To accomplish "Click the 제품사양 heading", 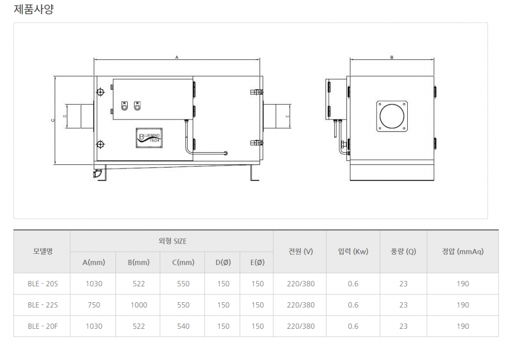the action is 34,9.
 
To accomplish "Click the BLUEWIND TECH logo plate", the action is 149,138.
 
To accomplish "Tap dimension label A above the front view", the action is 177,57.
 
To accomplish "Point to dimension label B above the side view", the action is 392,57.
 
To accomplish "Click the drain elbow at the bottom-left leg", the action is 97,173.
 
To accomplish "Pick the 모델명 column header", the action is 43,251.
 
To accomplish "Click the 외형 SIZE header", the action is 172,241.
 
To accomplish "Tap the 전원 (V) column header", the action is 300,251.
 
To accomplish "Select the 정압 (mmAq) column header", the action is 462,251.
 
